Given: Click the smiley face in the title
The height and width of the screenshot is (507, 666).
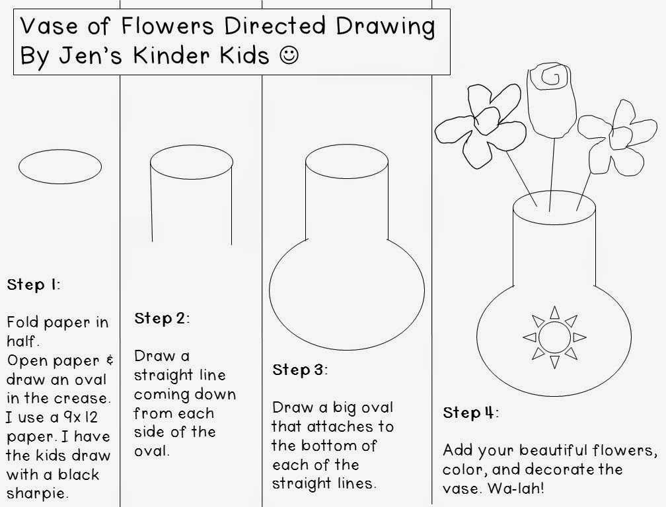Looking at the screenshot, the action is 289,55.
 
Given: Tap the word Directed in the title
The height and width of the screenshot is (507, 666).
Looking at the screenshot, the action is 275,26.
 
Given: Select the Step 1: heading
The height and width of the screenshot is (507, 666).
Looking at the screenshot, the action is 34,285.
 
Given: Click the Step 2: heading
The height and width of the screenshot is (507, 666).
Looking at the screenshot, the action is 162,318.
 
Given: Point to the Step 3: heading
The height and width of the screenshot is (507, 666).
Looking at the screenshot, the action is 300,370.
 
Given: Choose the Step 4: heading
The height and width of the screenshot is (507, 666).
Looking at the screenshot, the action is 470,413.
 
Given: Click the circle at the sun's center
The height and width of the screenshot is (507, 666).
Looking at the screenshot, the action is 554,338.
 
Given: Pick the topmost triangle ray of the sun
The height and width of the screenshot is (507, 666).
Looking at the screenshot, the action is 554,313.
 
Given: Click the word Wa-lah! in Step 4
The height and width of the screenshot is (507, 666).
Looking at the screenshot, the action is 515,488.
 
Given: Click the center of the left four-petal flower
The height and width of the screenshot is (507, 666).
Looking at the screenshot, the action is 486,121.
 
